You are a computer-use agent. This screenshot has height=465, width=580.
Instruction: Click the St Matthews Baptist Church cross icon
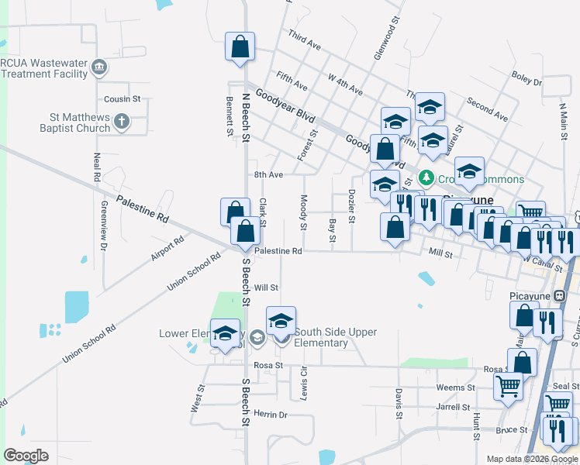point(121,121)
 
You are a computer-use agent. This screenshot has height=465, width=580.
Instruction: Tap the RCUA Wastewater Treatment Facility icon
point(98,67)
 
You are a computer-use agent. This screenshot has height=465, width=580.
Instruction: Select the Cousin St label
point(122,99)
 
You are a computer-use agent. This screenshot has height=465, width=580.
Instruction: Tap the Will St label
point(266,287)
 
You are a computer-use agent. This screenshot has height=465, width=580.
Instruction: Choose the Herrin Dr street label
point(271,415)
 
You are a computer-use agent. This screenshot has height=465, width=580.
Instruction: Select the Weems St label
point(455,387)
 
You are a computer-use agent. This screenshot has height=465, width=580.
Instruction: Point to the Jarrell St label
point(454,406)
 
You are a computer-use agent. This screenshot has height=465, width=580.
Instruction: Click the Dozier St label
point(351,206)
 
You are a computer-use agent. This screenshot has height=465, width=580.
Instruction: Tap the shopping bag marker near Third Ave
point(240,46)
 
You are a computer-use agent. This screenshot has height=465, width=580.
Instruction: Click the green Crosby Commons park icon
point(426,179)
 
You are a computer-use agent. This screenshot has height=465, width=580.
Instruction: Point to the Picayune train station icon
point(560,295)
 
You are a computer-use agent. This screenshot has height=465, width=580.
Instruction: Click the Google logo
point(26,456)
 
